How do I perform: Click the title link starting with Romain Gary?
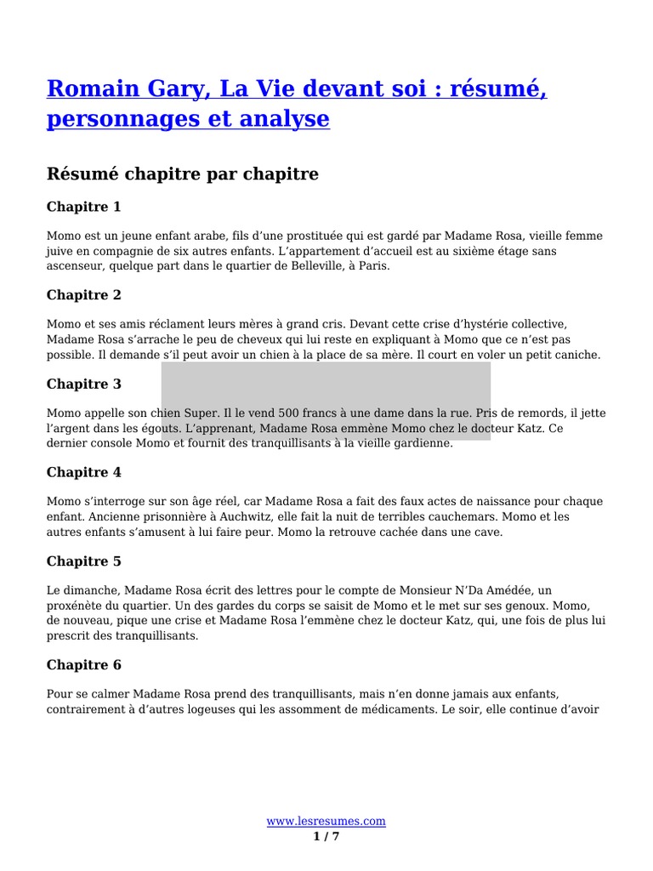297,102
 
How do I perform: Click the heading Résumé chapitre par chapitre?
183,174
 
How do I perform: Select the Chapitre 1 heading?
84,207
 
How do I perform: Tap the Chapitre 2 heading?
84,295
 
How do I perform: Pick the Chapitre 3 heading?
84,384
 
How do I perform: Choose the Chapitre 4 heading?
84,472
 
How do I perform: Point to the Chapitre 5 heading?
84,561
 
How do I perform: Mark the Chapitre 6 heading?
84,664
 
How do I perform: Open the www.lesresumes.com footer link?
326,821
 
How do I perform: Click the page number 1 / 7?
326,837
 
